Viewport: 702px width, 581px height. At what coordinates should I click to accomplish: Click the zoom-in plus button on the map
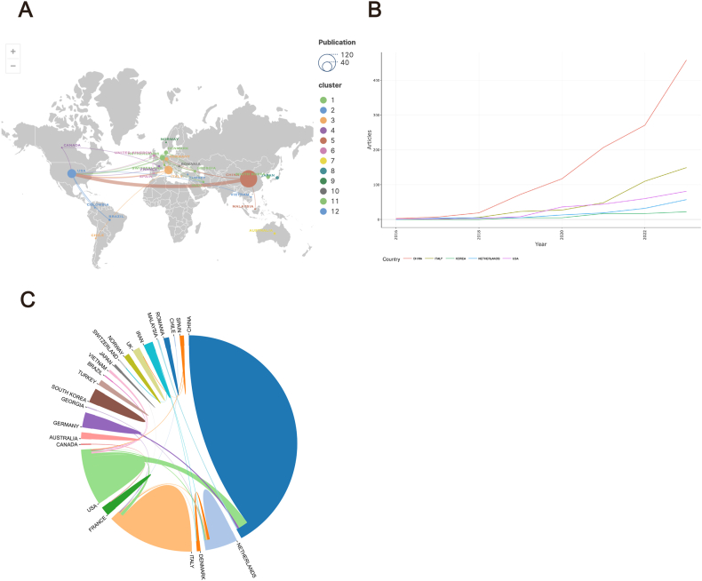12,52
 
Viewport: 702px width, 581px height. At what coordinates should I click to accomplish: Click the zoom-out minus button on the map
12,66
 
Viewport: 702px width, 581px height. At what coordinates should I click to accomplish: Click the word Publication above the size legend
338,42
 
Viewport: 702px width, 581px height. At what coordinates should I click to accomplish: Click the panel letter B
375,12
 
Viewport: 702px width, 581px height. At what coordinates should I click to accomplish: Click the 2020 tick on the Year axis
561,235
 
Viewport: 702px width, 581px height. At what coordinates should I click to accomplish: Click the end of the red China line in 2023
686,60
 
